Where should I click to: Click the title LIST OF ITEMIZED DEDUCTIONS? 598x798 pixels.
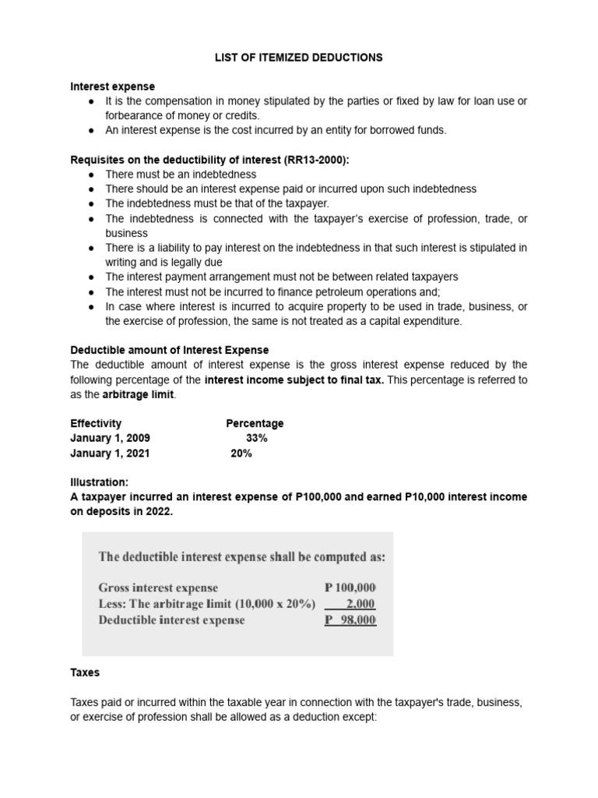point(299,58)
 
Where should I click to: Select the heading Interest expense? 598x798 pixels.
point(112,87)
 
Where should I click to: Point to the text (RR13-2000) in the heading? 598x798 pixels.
point(317,160)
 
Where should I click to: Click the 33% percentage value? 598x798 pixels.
point(256,438)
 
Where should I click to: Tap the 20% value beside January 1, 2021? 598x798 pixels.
point(241,453)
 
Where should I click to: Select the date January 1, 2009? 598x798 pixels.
point(110,438)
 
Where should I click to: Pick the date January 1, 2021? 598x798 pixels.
point(110,453)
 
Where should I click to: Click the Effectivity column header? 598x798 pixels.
point(96,423)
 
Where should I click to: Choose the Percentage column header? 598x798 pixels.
point(255,423)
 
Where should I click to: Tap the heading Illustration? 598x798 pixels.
point(99,482)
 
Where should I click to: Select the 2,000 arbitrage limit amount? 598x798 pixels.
point(360,604)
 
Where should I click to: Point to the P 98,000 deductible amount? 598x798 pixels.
point(350,620)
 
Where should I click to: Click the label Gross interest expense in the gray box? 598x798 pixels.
point(158,588)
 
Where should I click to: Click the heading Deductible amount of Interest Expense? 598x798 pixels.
point(169,350)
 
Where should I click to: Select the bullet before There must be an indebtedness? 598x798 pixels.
point(92,175)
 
